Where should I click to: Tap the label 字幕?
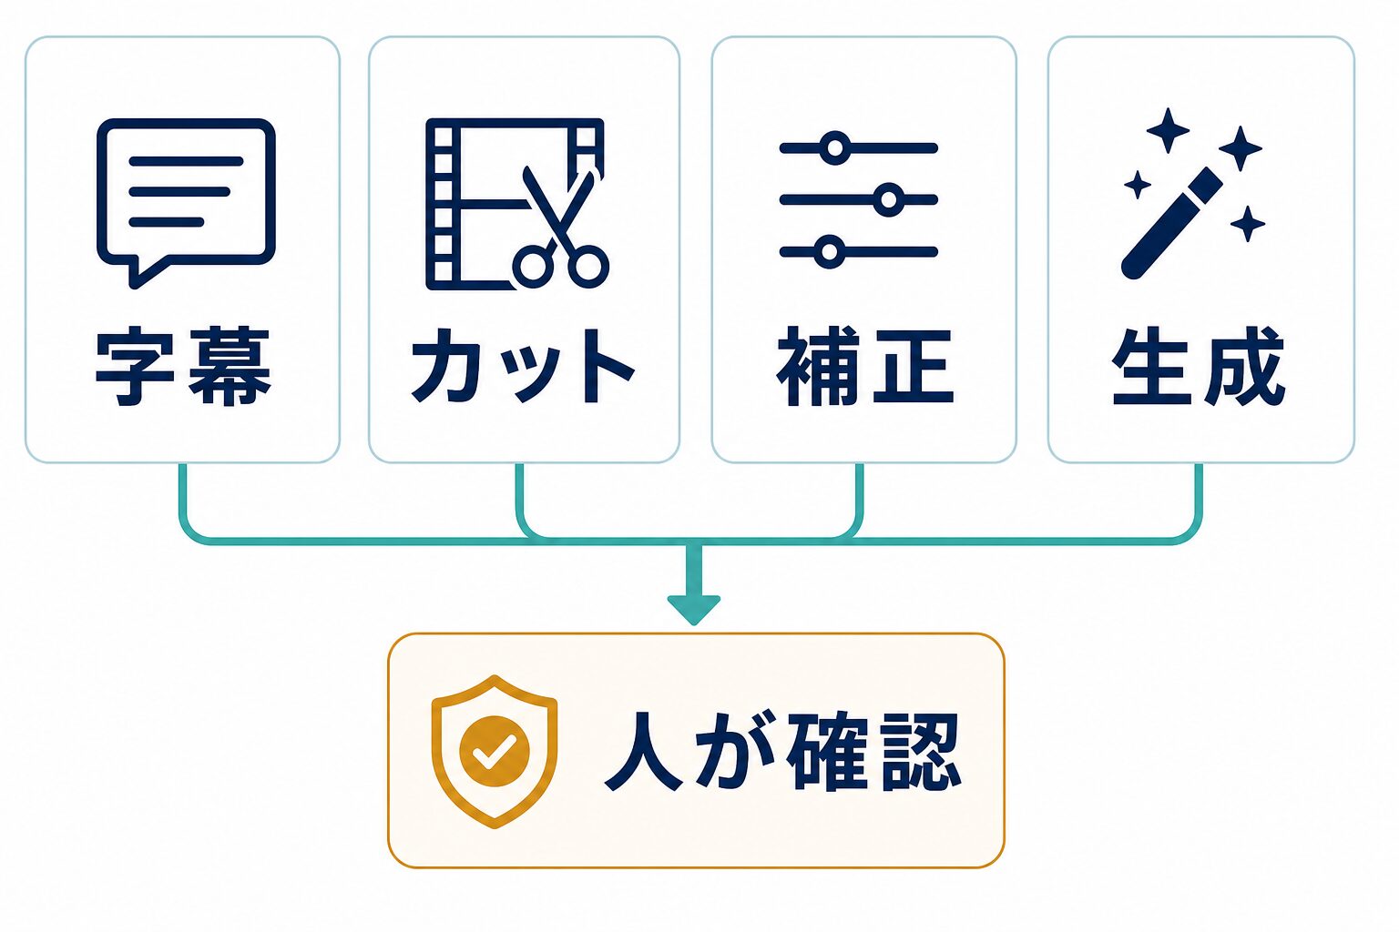pos(184,366)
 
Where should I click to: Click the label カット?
pos(524,366)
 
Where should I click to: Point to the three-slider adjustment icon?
pos(859,199)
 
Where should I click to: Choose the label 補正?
pos(865,366)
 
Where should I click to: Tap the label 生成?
pos(1199,366)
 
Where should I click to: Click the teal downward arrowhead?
pos(694,609)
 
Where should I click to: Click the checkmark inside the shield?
pos(494,751)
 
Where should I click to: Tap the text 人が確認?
pos(783,752)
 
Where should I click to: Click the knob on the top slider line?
pos(835,148)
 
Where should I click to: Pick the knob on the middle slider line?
pos(889,199)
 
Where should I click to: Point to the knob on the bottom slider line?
pos(830,252)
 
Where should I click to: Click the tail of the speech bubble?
pos(145,273)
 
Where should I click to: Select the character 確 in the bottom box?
pos(828,752)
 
